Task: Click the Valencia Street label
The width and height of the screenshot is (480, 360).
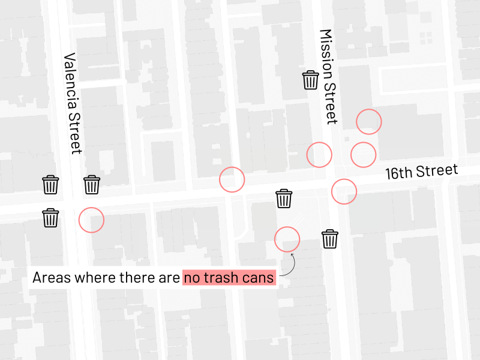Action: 72,103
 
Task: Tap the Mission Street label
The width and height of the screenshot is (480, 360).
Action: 329,76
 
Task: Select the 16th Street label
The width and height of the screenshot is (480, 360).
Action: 421,172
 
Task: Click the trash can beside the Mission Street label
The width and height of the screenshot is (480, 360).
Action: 310,80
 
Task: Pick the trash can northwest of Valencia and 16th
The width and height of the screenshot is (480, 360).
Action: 51,185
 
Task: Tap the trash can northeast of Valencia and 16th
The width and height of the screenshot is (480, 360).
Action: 92,185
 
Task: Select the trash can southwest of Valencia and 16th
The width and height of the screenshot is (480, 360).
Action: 51,218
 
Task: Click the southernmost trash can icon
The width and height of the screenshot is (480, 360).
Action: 330,239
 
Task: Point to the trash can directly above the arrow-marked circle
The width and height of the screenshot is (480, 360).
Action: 284,199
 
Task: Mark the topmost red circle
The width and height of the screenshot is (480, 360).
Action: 368,122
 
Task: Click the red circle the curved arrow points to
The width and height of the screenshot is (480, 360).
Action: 287,239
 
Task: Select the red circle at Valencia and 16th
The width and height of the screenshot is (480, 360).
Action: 91,220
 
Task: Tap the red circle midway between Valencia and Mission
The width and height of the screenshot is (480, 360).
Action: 232,179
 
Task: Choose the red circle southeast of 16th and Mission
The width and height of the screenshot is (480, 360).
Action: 344,191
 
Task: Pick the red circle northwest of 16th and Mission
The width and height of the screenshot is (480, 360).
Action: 319,155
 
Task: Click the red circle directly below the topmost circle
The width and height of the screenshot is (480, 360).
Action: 363,155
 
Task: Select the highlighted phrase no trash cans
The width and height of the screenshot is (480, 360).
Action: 229,278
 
